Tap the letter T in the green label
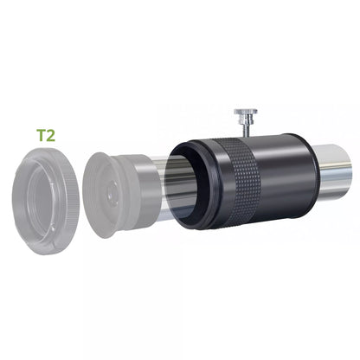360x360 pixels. click(x=40, y=136)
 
